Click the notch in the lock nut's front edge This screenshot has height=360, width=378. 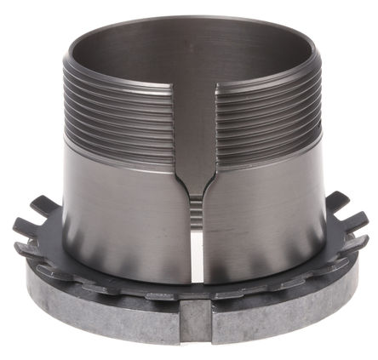(x=195, y=321)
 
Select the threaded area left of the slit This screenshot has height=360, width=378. (x=128, y=111)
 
